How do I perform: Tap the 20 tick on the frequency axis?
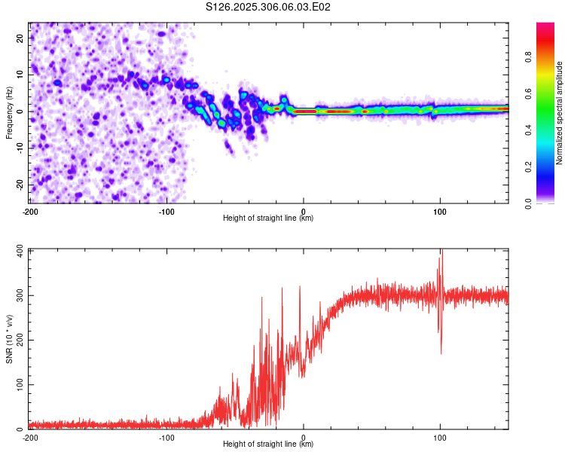(21, 38)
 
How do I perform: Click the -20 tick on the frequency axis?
(20, 185)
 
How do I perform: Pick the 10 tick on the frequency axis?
(21, 75)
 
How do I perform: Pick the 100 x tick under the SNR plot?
(440, 438)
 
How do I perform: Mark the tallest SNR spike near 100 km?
(442, 252)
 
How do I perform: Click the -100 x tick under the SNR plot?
(166, 438)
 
